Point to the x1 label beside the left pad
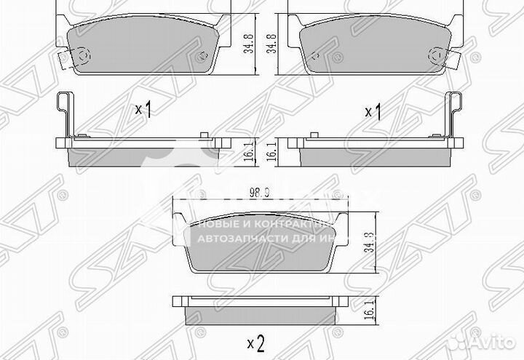143,111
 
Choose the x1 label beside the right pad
373,111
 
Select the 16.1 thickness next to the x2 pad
372,311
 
